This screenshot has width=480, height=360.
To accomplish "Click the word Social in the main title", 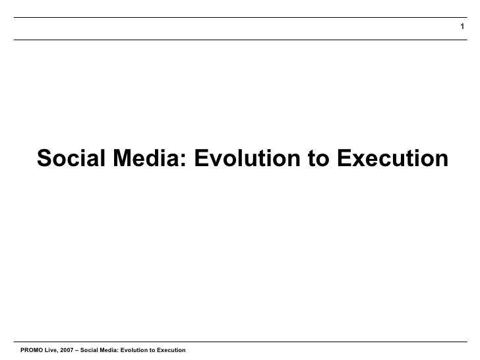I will click(x=67, y=159).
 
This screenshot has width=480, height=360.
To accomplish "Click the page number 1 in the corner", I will click(x=462, y=27).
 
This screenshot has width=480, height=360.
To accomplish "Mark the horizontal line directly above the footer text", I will click(x=240, y=342).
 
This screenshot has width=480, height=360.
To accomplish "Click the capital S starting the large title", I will click(x=44, y=159).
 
